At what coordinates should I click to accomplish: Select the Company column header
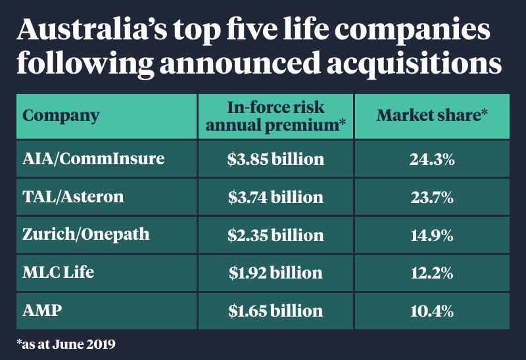point(61,116)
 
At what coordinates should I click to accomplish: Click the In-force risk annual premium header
point(275,116)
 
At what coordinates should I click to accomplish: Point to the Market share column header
point(432,116)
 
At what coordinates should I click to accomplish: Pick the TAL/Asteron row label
point(73,197)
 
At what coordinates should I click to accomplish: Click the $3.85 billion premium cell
point(275,159)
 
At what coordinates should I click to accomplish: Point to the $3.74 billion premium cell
point(275,197)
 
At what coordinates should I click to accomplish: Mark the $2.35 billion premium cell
point(275,235)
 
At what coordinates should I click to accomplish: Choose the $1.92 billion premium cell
point(275,273)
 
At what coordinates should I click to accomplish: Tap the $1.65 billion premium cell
point(275,310)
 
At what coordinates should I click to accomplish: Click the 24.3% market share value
point(432,159)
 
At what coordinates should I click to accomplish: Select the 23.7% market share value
point(432,197)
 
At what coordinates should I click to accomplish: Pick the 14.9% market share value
point(432,235)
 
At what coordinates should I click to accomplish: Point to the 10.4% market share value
point(432,310)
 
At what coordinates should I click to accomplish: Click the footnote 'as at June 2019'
point(69,344)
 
